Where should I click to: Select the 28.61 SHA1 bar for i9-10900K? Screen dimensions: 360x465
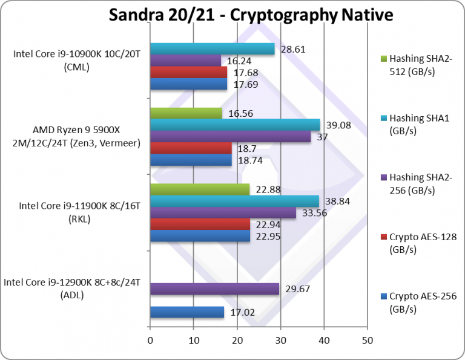point(212,49)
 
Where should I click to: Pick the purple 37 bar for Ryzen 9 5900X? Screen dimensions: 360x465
point(230,137)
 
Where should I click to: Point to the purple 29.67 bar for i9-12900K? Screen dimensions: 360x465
point(214,289)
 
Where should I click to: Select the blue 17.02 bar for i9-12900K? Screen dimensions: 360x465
point(186,312)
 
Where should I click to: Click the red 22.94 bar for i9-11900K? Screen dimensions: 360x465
point(200,224)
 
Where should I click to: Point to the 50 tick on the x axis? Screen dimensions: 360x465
point(367,341)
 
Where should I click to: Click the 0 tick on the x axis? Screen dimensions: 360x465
point(150,341)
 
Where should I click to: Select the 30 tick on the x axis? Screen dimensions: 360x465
point(280,341)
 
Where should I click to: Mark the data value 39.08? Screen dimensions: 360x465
point(338,124)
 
